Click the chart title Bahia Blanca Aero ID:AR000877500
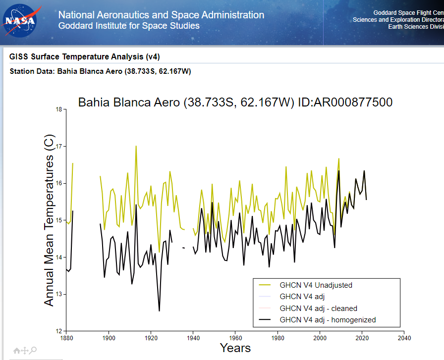coord(235,103)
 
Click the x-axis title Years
coord(235,348)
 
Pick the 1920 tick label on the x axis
coord(151,338)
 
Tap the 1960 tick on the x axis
coord(235,338)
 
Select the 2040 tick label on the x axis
coord(404,338)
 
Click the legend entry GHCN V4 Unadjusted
coord(316,285)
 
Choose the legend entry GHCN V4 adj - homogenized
coord(328,320)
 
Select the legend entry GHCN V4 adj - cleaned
coord(318,308)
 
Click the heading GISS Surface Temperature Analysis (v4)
coord(85,56)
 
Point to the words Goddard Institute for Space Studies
coord(129,26)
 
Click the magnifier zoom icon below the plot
coord(33,351)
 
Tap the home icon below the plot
coord(16,351)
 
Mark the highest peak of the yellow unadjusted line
coord(136,146)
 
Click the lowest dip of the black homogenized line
coord(159,311)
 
